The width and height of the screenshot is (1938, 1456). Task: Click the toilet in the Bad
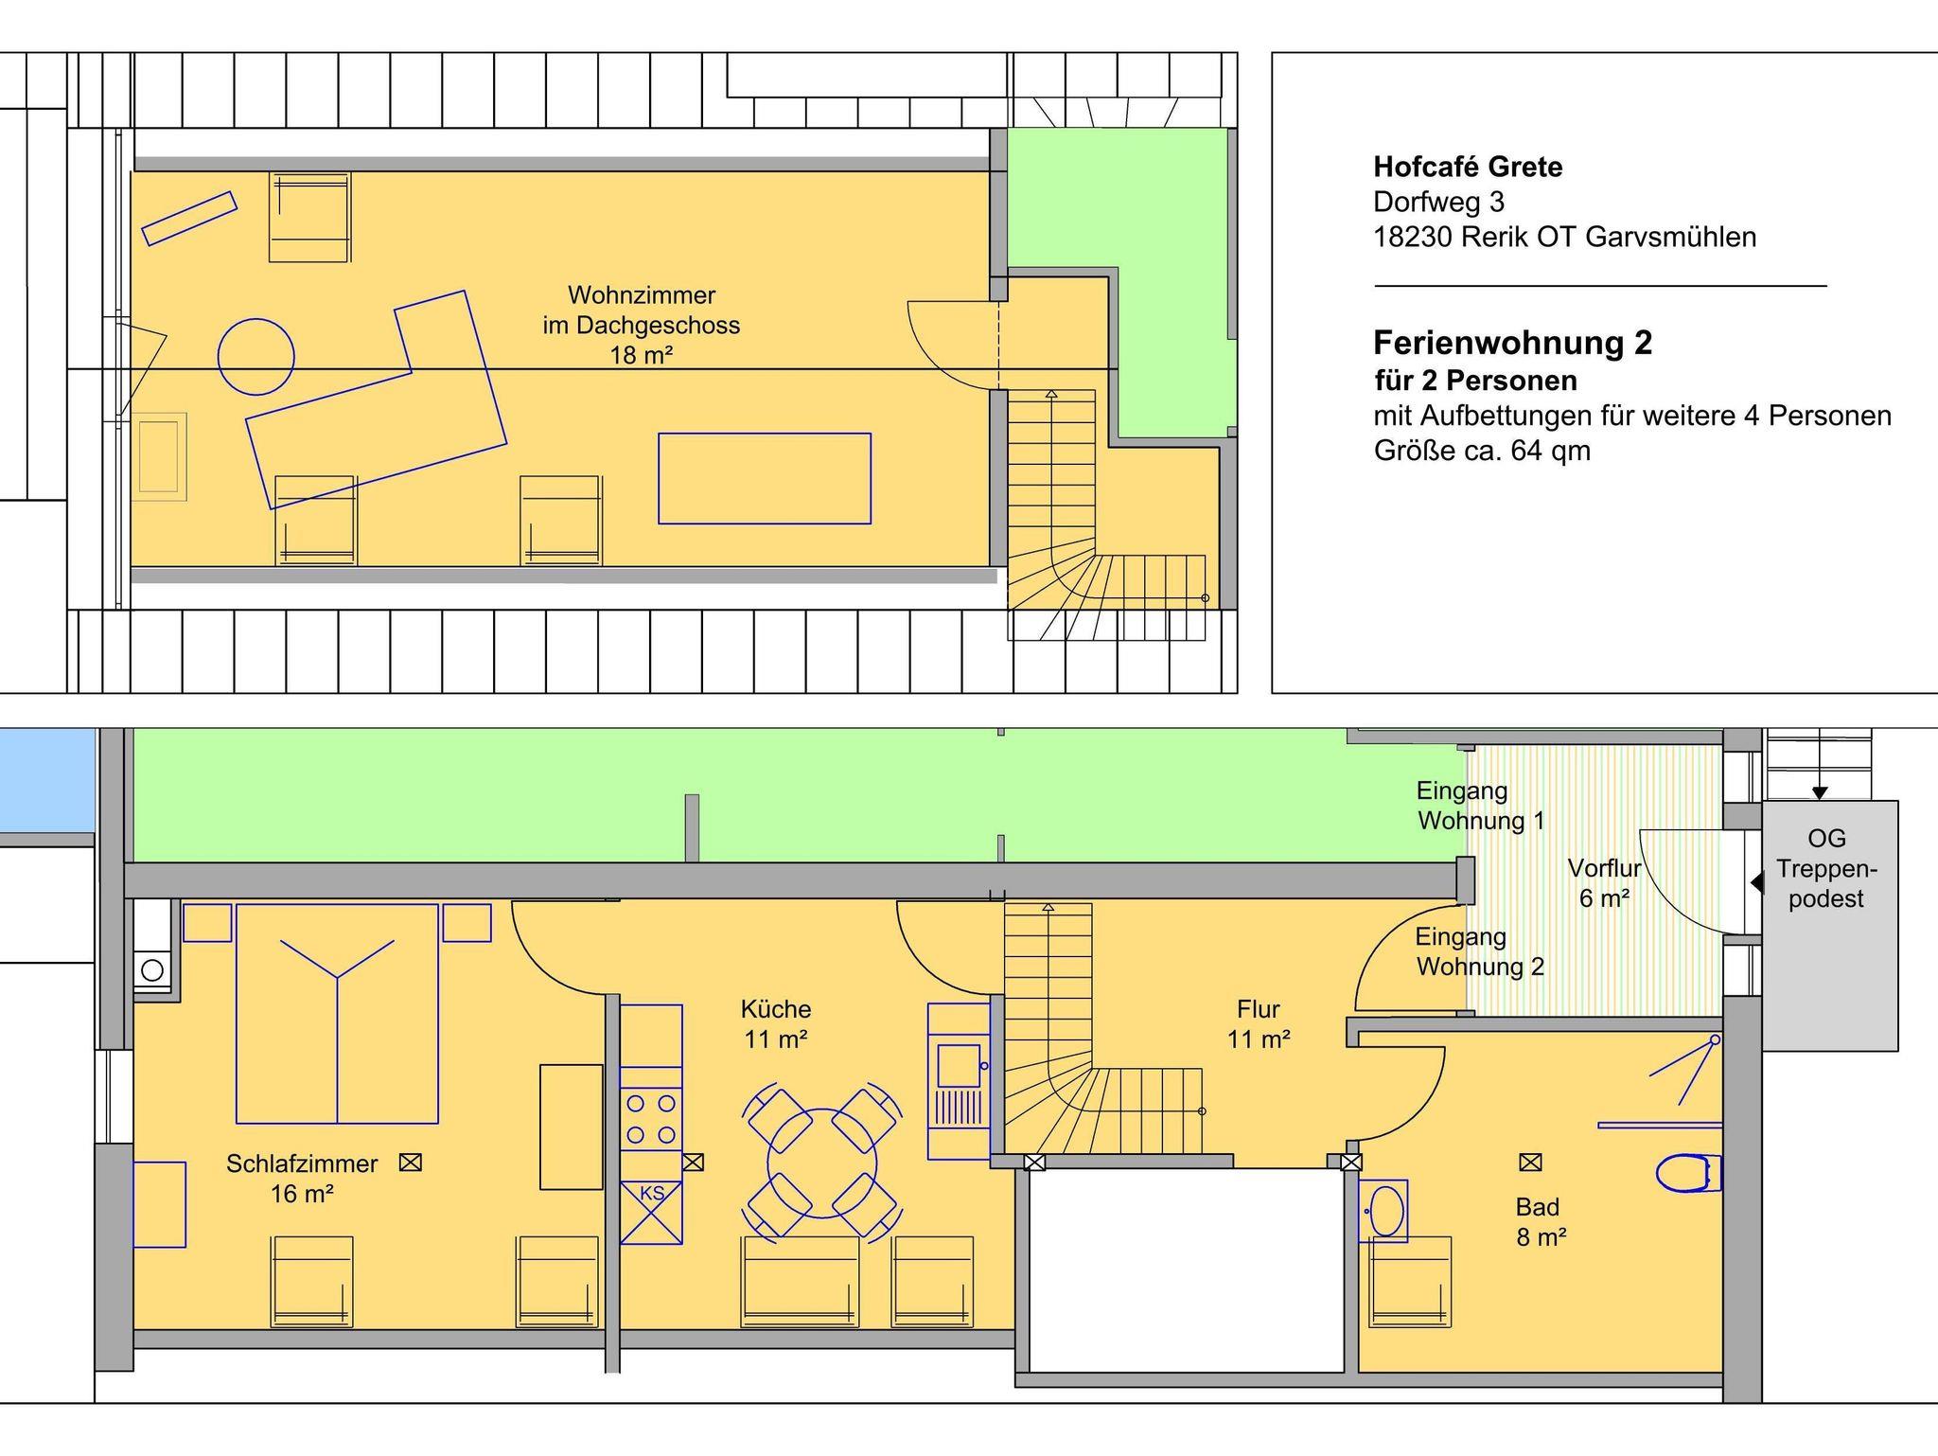point(1686,1173)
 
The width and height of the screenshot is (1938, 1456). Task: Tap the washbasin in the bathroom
point(1383,1210)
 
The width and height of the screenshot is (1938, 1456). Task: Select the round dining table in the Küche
point(821,1163)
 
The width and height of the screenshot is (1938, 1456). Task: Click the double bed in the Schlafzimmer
point(337,1013)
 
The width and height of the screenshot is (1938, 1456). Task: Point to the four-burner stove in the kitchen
point(651,1119)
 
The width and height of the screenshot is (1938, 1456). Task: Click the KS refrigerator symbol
point(651,1212)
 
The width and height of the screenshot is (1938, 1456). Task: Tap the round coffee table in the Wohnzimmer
point(255,357)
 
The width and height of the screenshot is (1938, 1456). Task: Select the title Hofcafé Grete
point(1468,168)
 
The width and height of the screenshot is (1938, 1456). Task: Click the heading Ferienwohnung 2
point(1512,342)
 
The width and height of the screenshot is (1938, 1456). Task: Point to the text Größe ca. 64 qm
point(1482,451)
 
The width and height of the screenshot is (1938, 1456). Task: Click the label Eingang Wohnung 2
point(1480,951)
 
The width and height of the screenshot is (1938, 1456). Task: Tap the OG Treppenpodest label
point(1826,868)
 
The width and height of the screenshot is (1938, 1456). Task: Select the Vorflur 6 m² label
point(1604,882)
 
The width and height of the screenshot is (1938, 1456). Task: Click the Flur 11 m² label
point(1259,1023)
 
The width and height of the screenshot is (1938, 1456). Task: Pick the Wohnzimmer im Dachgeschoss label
point(641,325)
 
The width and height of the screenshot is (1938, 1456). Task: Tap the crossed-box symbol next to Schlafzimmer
point(410,1162)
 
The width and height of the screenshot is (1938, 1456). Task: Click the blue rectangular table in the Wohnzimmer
point(765,478)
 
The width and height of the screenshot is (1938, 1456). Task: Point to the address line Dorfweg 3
point(1438,203)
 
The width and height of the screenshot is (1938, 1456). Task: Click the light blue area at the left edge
point(47,781)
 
